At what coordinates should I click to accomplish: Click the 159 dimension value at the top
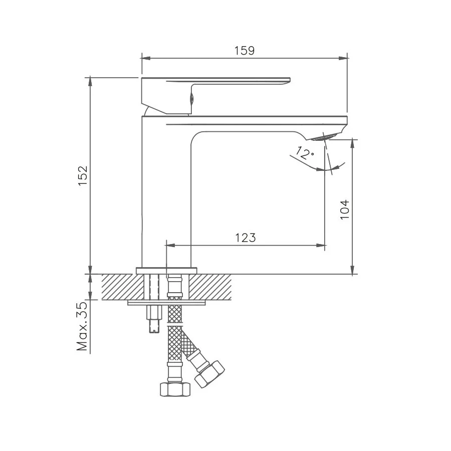point(244,51)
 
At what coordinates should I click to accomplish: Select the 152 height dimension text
point(83,175)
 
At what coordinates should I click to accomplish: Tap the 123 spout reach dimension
point(245,238)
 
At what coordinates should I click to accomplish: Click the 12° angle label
point(304,152)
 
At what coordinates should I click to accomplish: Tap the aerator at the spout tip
point(326,137)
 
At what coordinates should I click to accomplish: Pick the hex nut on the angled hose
point(209,373)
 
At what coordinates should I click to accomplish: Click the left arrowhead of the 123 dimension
point(169,246)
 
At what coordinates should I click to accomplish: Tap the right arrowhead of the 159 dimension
point(344,58)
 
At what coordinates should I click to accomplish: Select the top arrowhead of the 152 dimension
point(90,80)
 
